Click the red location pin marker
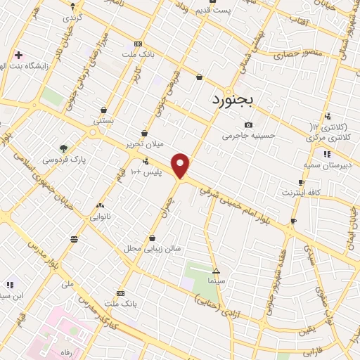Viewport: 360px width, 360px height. click(x=181, y=166)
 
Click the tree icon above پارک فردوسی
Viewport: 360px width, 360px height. click(x=64, y=149)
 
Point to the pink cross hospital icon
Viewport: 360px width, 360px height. click(x=18, y=54)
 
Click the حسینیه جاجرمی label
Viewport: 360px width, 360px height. click(x=250, y=136)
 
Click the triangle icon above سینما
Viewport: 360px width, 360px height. click(x=216, y=271)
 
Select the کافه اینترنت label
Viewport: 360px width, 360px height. click(x=302, y=192)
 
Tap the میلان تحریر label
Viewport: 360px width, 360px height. click(x=144, y=143)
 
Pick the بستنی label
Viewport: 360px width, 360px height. click(x=103, y=121)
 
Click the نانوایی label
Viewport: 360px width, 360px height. click(x=98, y=217)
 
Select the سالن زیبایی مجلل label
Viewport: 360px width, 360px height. click(x=143, y=248)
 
